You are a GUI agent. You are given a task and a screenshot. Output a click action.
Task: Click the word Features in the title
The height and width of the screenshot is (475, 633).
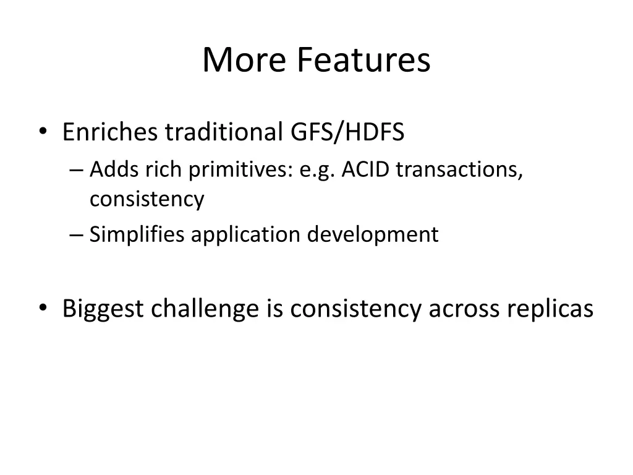coord(363,61)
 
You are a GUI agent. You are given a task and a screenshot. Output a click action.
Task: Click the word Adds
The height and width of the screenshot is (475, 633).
coord(109,169)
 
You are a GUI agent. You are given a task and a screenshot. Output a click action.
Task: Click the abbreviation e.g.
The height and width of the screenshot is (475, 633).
coord(317,171)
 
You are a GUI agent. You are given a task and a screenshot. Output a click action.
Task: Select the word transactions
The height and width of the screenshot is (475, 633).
coord(459,169)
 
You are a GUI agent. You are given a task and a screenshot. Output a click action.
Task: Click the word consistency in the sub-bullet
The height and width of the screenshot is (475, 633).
coord(147,200)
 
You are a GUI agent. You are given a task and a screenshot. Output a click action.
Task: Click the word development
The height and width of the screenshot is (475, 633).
coord(373,235)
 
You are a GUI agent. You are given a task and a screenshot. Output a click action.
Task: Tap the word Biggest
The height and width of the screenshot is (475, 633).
coord(103,309)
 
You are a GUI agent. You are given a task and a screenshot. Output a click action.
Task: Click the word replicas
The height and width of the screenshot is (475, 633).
coord(550,309)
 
